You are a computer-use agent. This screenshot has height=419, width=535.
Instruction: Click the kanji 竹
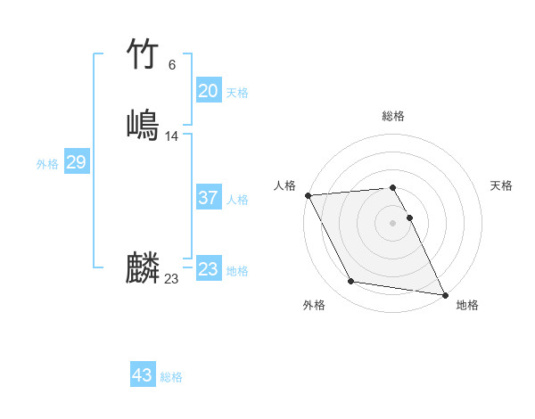pyautogui.click(x=142, y=53)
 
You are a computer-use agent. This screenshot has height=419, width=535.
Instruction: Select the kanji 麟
pyautogui.click(x=142, y=267)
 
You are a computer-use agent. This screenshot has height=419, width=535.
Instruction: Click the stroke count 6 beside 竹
pyautogui.click(x=171, y=64)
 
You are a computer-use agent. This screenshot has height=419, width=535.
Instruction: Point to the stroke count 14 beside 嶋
pyautogui.click(x=172, y=136)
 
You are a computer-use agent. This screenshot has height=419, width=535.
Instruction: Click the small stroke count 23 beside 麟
pyautogui.click(x=171, y=279)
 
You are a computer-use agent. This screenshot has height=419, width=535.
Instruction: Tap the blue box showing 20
pyautogui.click(x=208, y=91)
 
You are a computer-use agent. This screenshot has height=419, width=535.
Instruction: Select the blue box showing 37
pyautogui.click(x=208, y=199)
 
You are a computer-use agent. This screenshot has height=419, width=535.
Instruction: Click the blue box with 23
pyautogui.click(x=208, y=269)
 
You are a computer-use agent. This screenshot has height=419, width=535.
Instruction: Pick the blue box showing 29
pyautogui.click(x=76, y=162)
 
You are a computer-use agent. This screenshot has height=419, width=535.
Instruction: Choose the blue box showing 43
pyautogui.click(x=142, y=375)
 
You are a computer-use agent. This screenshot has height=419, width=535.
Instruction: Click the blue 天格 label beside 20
pyautogui.click(x=237, y=93)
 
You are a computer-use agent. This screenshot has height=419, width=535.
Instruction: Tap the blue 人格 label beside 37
pyautogui.click(x=237, y=200)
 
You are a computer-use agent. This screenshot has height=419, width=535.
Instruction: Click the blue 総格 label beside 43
pyautogui.click(x=171, y=377)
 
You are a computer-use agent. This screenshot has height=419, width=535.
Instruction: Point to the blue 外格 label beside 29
pyautogui.click(x=47, y=164)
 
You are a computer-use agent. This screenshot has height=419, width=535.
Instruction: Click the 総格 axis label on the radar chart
pyautogui.click(x=393, y=116)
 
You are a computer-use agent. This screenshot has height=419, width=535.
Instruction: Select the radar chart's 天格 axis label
pyautogui.click(x=501, y=185)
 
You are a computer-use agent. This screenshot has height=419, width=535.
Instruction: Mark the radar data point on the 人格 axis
pyautogui.click(x=308, y=195)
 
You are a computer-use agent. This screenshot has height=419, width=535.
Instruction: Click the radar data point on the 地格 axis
pyautogui.click(x=445, y=294)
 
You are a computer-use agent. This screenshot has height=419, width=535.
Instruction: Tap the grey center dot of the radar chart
pyautogui.click(x=392, y=223)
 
